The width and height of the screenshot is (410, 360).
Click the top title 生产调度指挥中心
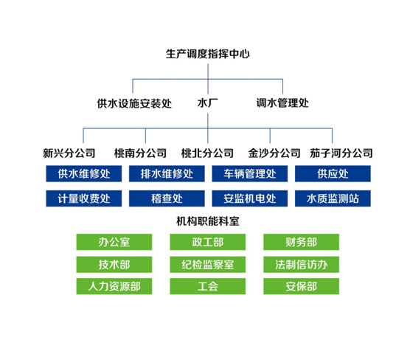[208, 54]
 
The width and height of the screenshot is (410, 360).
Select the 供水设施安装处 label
[134, 103]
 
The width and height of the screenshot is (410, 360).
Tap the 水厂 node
[208, 103]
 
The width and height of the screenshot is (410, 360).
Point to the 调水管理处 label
[282, 103]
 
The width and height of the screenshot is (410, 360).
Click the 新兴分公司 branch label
[69, 153]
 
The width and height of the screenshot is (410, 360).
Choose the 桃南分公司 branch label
[140, 153]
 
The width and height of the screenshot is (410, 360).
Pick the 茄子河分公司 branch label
[341, 153]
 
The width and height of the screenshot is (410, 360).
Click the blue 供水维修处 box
[84, 173]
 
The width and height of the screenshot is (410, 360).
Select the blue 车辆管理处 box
[250, 173]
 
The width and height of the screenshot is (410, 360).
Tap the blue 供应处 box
[333, 173]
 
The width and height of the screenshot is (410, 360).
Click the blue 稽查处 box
[167, 198]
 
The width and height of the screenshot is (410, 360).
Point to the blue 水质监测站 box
[333, 198]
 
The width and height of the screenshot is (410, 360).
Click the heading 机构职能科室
[208, 221]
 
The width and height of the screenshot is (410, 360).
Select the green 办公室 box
[114, 242]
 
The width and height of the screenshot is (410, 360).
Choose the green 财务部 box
[301, 242]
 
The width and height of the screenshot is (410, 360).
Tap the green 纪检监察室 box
[208, 265]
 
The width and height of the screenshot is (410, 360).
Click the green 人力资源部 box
[114, 286]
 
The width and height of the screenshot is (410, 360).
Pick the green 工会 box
[208, 286]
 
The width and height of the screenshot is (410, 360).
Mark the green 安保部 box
[301, 286]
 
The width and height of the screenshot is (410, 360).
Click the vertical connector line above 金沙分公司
[270, 136]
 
